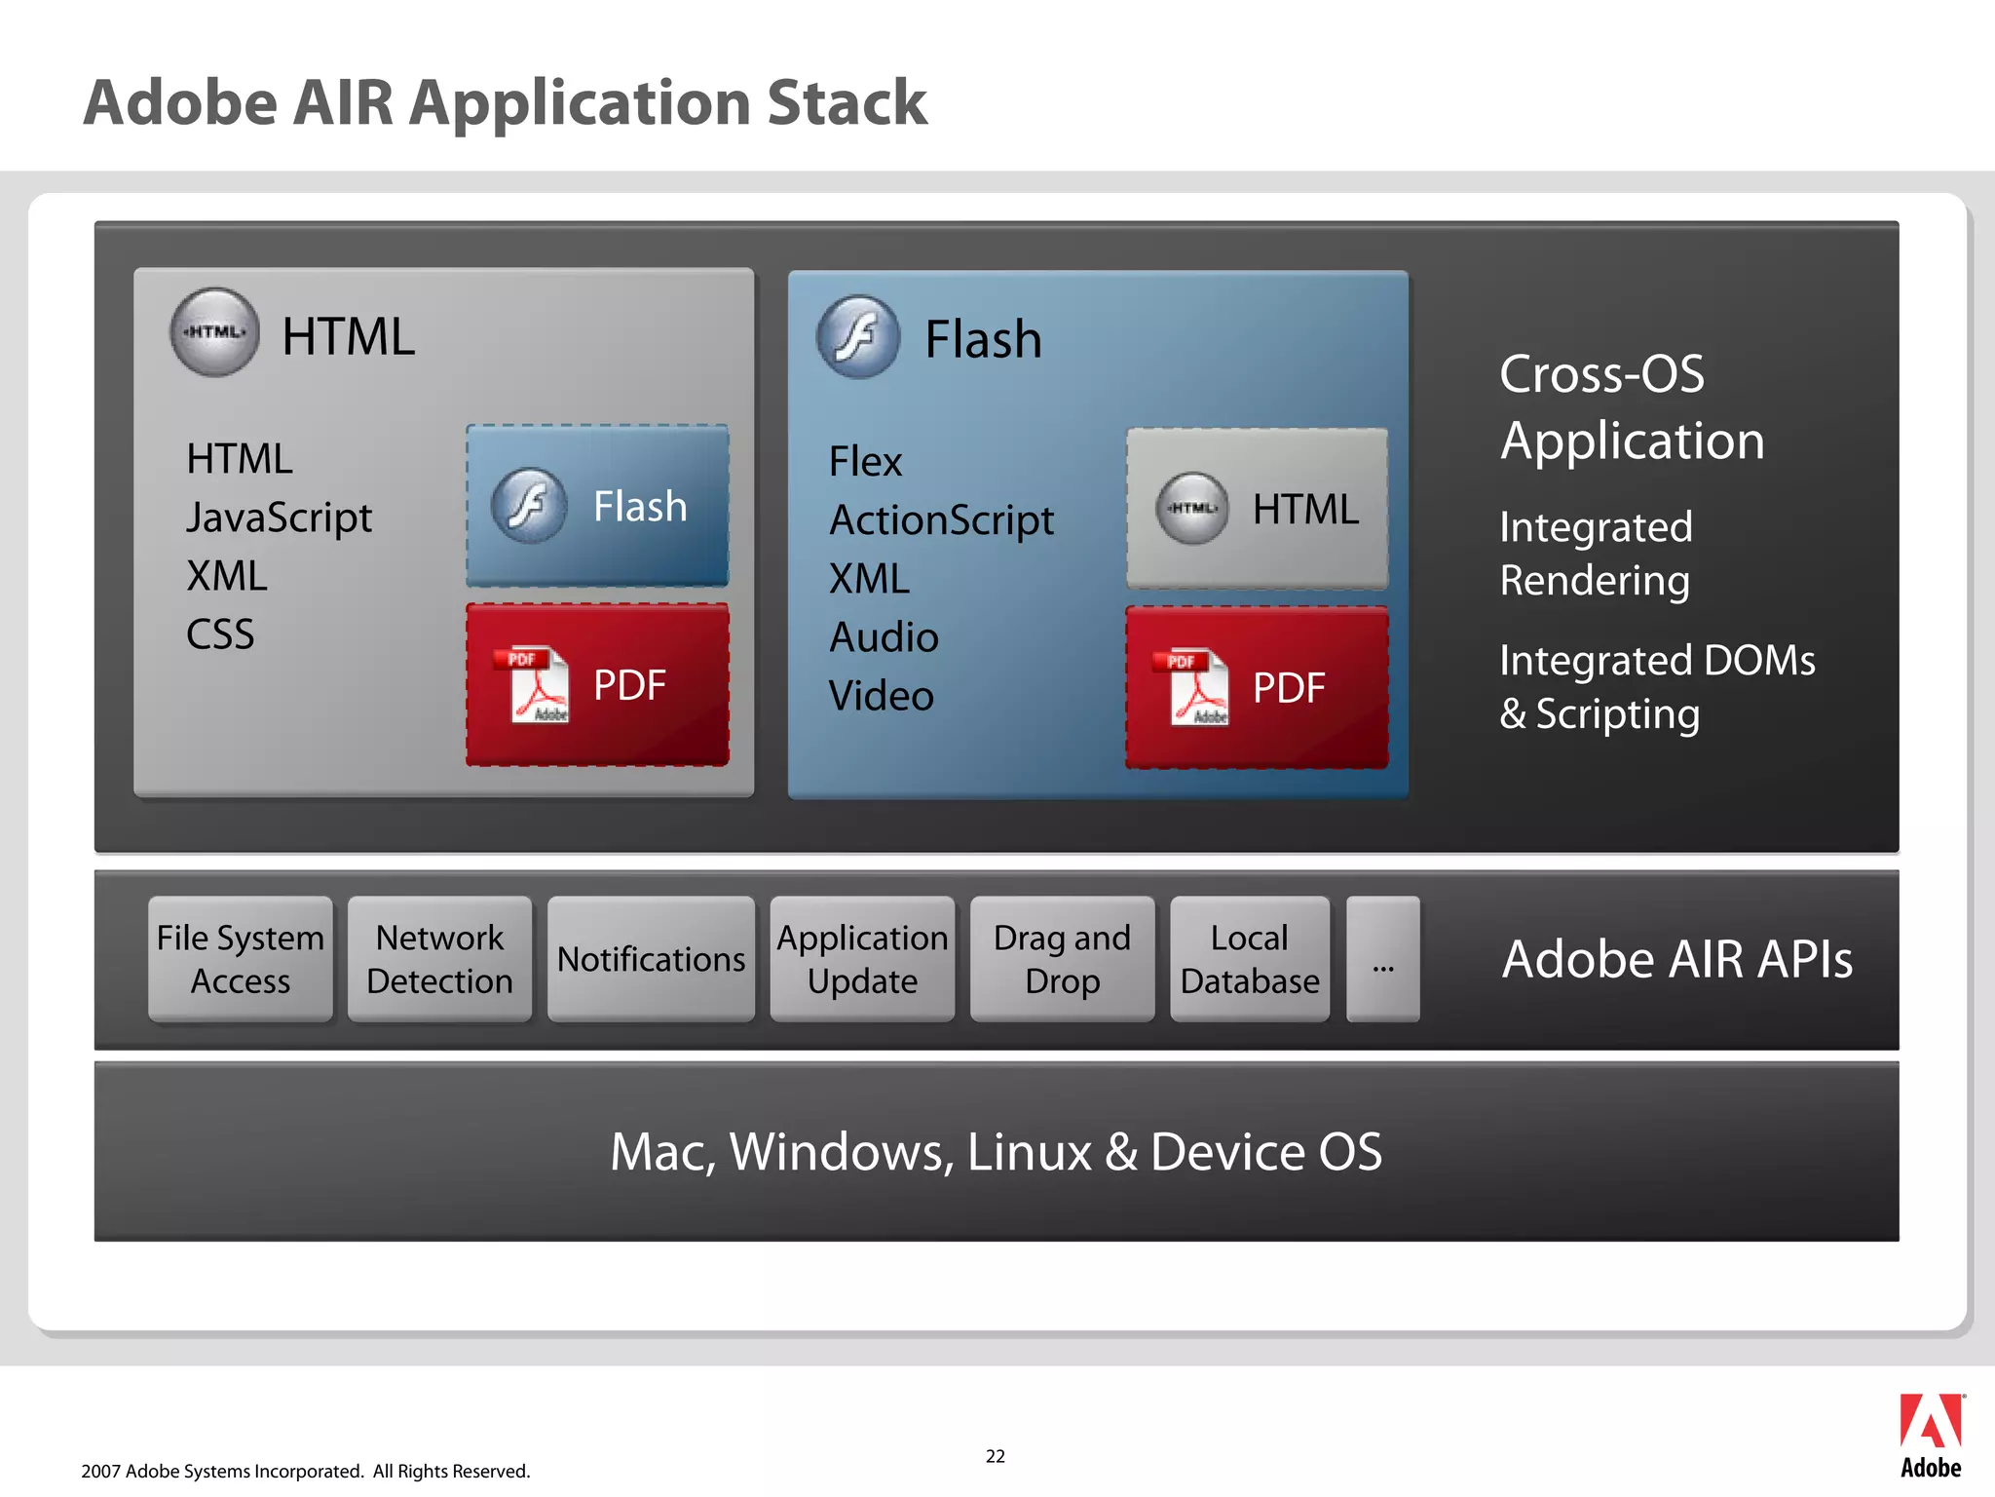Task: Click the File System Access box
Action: tap(240, 959)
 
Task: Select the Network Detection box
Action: tap(439, 959)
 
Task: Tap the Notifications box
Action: tap(651, 959)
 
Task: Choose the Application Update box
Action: tap(862, 959)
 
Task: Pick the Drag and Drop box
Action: tap(1062, 959)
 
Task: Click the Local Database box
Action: tap(1250, 959)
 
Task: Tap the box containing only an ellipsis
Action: tap(1382, 959)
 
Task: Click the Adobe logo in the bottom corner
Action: tap(1931, 1435)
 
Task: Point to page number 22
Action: tap(995, 1456)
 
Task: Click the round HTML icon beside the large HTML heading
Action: tap(214, 332)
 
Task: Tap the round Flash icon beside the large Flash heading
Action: tap(858, 337)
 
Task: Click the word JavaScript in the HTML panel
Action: tap(279, 518)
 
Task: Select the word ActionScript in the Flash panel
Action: tap(941, 520)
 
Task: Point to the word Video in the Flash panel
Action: tap(881, 696)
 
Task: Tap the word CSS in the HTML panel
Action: tap(220, 634)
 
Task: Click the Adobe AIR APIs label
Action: tap(1676, 959)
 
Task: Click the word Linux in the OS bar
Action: tap(1030, 1152)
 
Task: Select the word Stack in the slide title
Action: tap(847, 102)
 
